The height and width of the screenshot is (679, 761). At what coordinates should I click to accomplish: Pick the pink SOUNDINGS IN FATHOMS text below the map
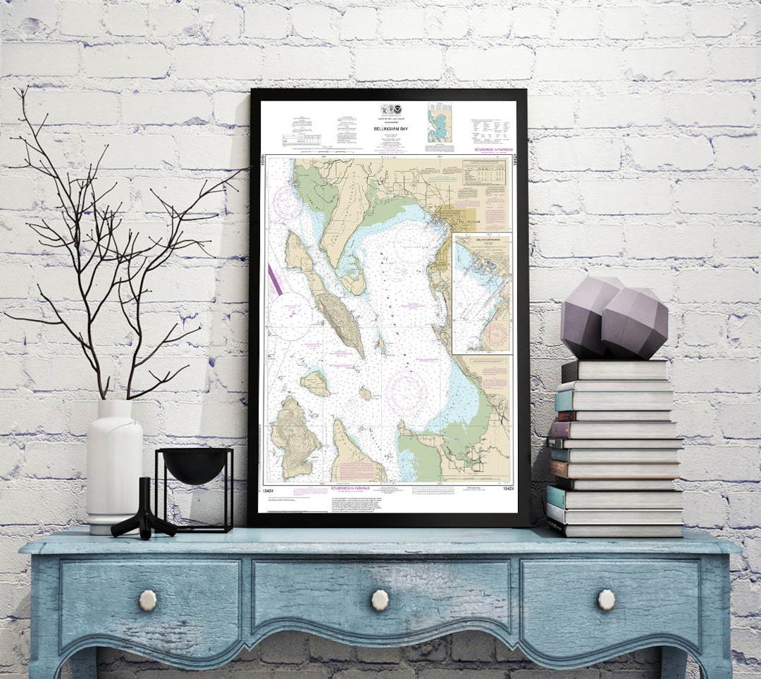(x=350, y=487)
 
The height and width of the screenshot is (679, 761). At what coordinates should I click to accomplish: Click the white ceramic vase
(x=113, y=465)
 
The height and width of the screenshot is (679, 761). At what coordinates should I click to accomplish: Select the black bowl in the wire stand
(x=194, y=466)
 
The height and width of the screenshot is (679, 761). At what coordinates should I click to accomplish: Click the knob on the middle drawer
(x=380, y=599)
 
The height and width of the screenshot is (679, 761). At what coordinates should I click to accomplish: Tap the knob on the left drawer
(x=148, y=600)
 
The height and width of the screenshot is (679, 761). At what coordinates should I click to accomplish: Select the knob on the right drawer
(x=606, y=599)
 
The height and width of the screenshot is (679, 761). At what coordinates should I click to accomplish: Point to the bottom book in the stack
(x=615, y=528)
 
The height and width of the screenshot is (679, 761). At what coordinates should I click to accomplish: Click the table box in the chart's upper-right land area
(x=484, y=180)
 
